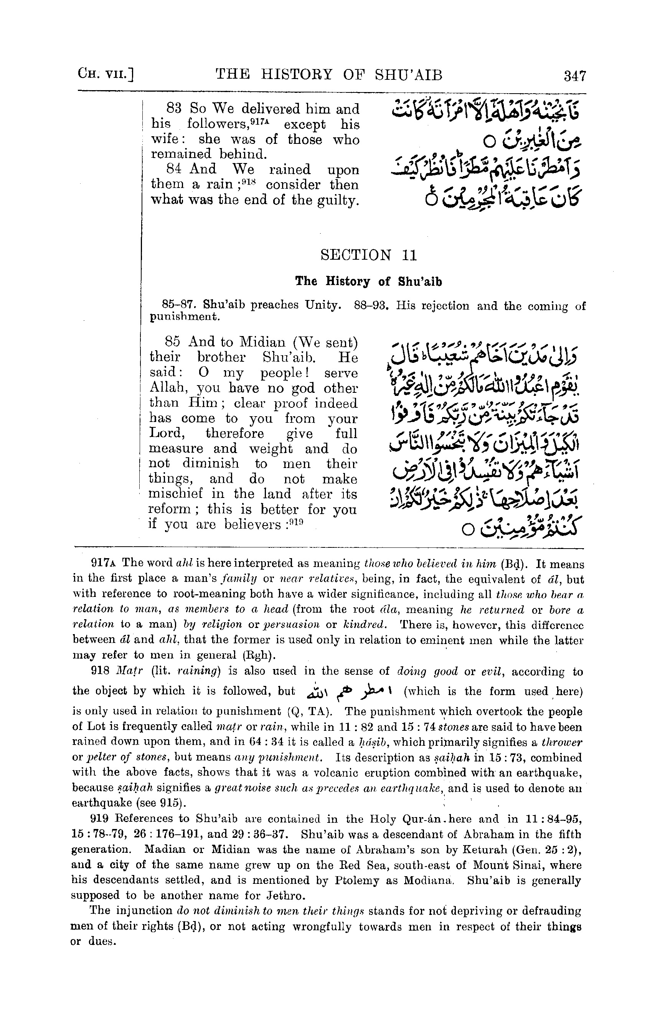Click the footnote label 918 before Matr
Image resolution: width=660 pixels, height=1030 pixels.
coord(100,671)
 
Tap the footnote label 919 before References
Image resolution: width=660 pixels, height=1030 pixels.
coord(100,819)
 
